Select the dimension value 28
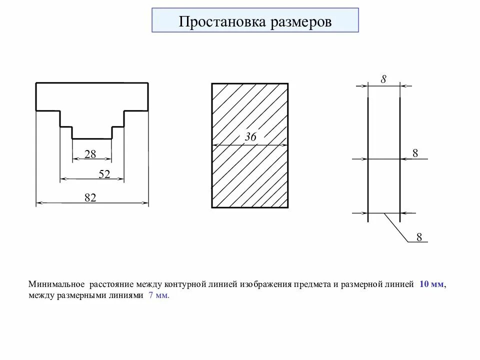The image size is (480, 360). pos(90,154)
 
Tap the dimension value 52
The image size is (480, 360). pos(104,174)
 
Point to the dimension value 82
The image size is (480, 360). pos(90,198)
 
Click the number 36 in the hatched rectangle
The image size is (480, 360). pos(250,137)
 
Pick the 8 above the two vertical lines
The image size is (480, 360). pos(383,78)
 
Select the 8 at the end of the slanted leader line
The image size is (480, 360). pos(419,237)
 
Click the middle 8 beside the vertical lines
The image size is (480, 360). pos(415,153)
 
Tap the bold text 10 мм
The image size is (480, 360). pos(431,284)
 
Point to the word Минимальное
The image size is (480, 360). pos(56,284)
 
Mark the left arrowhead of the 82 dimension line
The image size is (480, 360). pos(39,203)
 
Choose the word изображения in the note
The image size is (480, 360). pos(265,284)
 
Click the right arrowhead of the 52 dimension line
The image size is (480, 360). pos(120,178)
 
